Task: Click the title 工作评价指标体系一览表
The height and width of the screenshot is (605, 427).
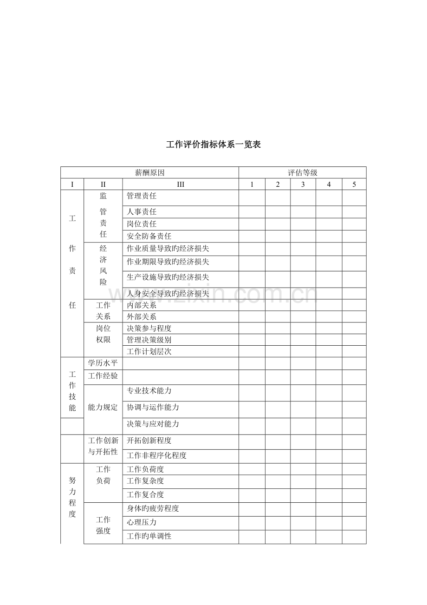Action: click(x=213, y=145)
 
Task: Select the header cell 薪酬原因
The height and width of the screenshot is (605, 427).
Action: click(x=149, y=173)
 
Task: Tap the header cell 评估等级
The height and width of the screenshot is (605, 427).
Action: click(x=302, y=173)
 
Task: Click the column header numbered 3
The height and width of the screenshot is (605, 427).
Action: click(x=303, y=184)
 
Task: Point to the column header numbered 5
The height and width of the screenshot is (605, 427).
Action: click(x=354, y=184)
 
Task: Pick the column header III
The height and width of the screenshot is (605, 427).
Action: click(x=181, y=184)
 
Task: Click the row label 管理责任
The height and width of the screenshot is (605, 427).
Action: click(x=142, y=197)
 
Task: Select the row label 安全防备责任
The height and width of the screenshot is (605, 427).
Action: click(x=149, y=236)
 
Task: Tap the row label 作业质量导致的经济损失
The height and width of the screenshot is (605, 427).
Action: click(x=168, y=249)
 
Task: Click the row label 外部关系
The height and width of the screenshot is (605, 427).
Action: click(x=142, y=317)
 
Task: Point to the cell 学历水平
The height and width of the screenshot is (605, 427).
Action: click(x=103, y=363)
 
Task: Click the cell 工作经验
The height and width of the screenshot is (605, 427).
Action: click(x=103, y=376)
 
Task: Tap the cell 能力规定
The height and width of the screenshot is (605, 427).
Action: click(x=103, y=408)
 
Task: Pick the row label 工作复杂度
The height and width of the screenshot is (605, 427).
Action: click(x=145, y=481)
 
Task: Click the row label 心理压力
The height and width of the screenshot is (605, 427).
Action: click(x=142, y=523)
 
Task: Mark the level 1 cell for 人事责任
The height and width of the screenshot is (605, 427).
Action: click(x=252, y=212)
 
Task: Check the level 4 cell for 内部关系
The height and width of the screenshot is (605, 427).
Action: click(x=329, y=305)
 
